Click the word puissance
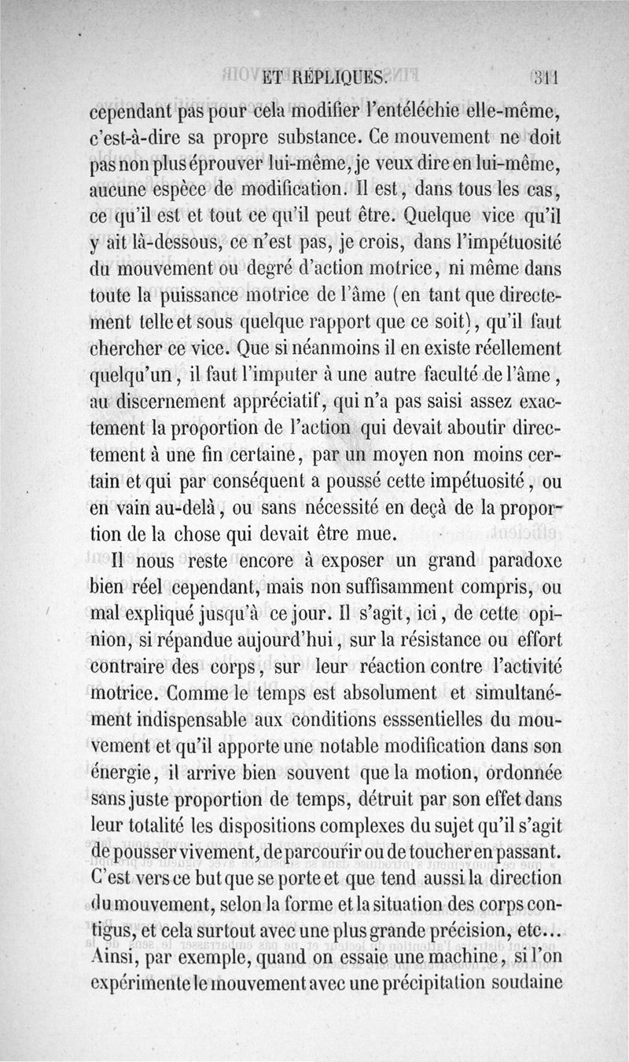tap(205, 297)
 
